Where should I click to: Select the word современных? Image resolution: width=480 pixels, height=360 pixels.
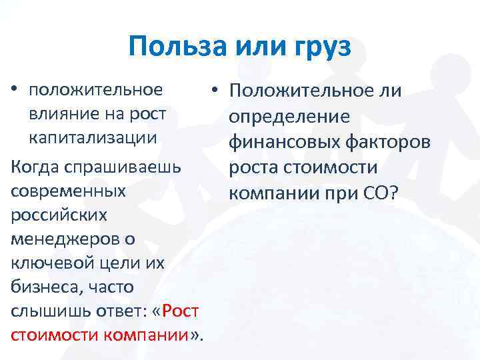coord(68,191)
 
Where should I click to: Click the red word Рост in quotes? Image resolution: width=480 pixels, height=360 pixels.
coord(180,312)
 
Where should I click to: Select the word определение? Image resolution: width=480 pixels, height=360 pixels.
coord(288,117)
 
